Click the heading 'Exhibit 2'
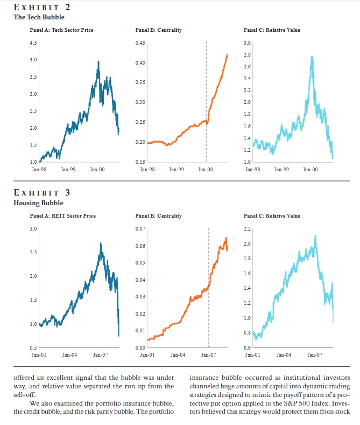tap(41, 8)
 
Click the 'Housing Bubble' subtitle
tap(38, 203)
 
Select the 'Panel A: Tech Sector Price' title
tap(61, 30)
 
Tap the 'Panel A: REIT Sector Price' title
tap(62, 216)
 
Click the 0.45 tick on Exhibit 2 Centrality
tap(140, 43)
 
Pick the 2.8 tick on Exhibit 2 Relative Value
tap(248, 55)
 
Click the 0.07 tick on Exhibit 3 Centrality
tap(140, 229)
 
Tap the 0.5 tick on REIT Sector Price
tap(33, 347)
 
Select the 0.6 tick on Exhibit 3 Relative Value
tap(248, 347)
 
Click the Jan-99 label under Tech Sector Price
tap(68, 169)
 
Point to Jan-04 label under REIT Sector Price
tap(70, 355)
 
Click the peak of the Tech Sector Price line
tap(98, 61)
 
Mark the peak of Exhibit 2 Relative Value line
tap(312, 57)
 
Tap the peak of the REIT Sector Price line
tap(101, 243)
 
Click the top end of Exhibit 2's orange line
tap(227, 54)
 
